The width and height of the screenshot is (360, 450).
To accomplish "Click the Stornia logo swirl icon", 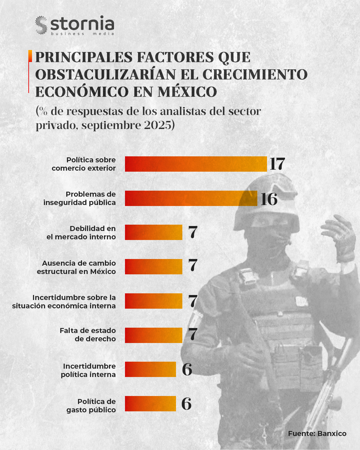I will [41, 25].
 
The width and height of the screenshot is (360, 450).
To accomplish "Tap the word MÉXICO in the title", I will [187, 92].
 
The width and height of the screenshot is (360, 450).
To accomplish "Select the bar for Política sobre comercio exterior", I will [196, 164].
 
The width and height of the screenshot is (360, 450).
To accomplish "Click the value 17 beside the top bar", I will [277, 164].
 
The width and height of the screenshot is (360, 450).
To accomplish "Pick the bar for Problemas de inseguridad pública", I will [191, 198].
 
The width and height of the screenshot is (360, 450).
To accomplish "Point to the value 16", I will [269, 199].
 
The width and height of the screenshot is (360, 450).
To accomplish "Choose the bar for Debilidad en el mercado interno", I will [153, 232].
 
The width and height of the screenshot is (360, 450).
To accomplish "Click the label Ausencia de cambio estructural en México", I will [77, 267].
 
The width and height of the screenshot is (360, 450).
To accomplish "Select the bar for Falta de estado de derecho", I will [153, 335].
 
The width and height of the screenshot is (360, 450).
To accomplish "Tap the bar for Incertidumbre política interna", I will [150, 369].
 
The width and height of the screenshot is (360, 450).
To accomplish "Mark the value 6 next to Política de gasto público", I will [186, 404].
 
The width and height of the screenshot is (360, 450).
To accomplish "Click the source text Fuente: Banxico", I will [317, 434].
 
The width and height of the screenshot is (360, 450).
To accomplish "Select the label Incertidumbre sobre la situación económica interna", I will [64, 302].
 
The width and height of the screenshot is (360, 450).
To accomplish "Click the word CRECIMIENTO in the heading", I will [255, 75].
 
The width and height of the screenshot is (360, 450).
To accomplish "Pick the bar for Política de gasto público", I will [150, 404].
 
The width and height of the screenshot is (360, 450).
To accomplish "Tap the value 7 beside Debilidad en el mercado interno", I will [193, 232].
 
